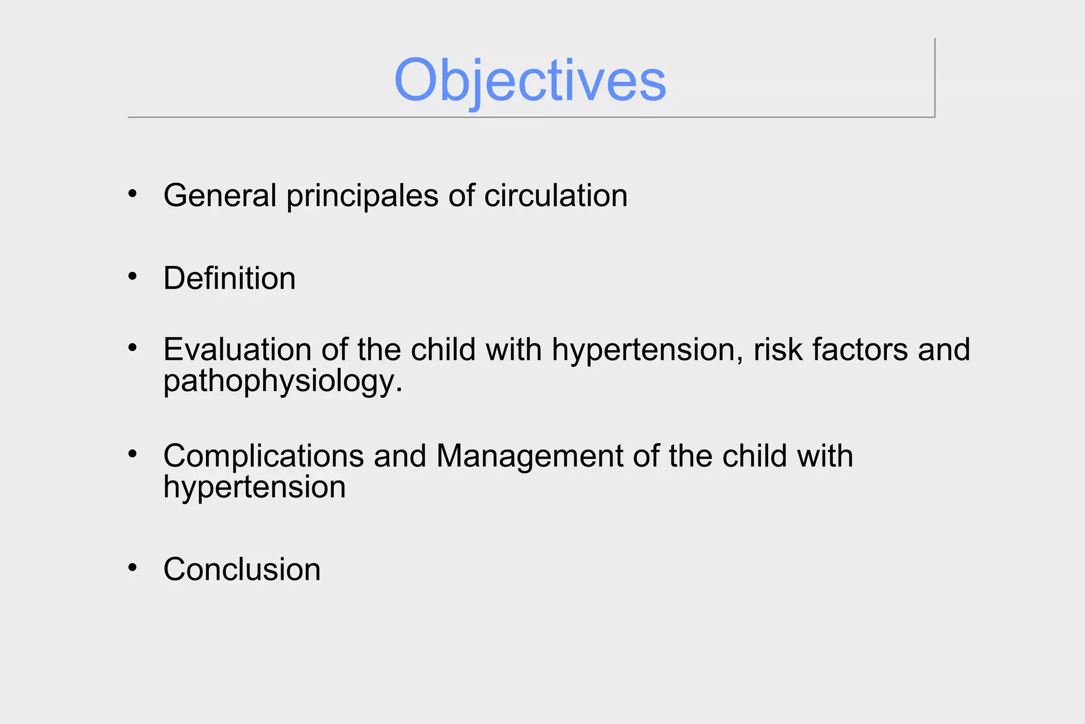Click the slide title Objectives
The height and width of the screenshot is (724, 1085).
click(530, 81)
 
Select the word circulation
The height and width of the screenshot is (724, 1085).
click(555, 196)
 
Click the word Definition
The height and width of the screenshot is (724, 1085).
click(229, 278)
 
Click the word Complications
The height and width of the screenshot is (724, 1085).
click(263, 456)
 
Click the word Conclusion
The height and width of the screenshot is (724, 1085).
click(242, 569)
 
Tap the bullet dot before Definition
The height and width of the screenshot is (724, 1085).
click(132, 276)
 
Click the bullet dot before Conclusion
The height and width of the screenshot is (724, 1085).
click(132, 568)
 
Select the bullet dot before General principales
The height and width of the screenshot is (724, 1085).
click(132, 193)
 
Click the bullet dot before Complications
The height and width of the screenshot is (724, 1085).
click(132, 454)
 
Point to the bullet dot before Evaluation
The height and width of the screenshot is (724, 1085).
click(132, 348)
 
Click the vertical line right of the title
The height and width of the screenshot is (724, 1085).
click(935, 77)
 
